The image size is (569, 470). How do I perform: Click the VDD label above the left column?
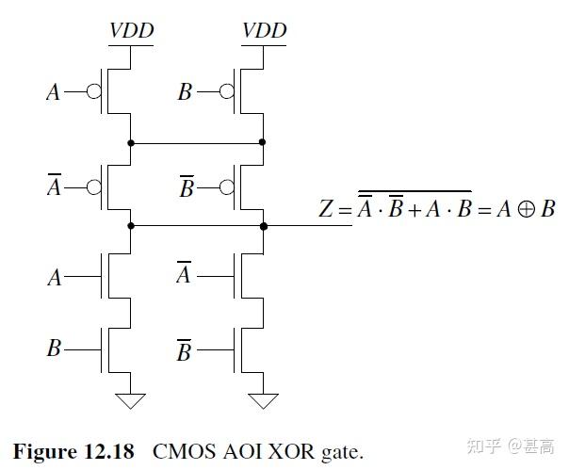(131, 30)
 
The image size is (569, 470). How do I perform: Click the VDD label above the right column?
(264, 30)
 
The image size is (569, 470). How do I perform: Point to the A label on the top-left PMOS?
(53, 92)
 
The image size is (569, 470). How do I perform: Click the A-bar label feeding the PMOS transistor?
(53, 187)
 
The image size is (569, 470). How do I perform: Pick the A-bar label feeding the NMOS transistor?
(184, 275)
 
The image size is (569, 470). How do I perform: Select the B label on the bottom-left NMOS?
(54, 348)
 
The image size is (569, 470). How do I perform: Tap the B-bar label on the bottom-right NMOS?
(185, 350)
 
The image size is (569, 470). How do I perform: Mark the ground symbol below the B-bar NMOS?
(264, 401)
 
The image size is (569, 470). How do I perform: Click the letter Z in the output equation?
(326, 209)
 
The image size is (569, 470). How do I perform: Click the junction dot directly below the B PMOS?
(263, 142)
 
